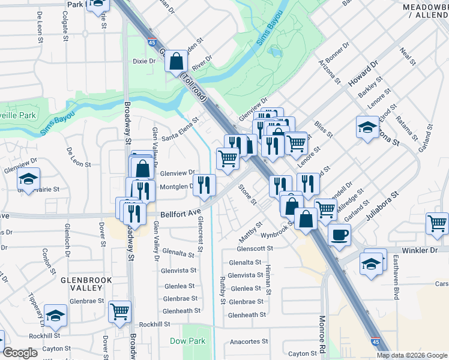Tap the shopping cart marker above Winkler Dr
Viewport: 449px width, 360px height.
437,223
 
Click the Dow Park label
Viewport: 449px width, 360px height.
187,341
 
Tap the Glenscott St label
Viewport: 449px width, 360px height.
255,248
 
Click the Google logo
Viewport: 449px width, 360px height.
20,353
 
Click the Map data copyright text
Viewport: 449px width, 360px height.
411,355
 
